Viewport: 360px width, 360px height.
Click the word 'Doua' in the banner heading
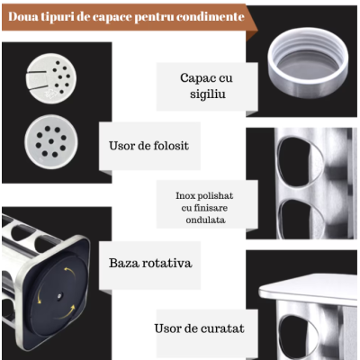pyautogui.click(x=27, y=16)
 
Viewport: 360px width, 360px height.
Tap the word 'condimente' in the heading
pyautogui.click(x=209, y=16)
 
